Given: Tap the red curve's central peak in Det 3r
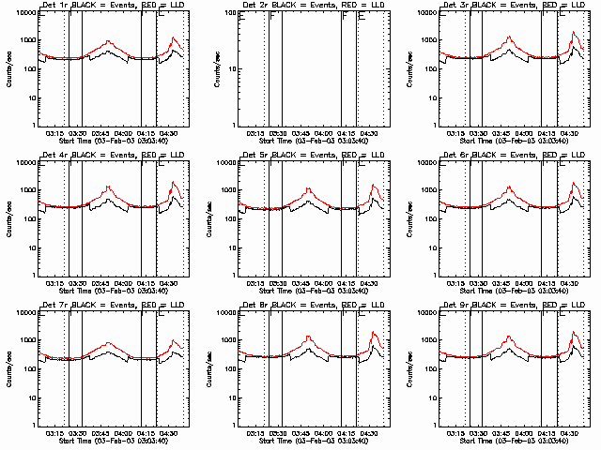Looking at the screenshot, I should click(x=509, y=37).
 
